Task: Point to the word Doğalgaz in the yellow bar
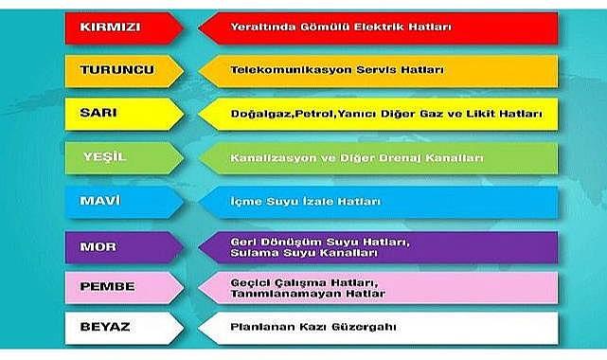259,114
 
